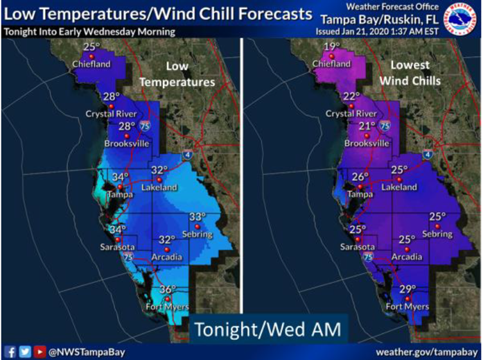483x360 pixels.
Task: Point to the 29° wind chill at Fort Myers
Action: (407, 290)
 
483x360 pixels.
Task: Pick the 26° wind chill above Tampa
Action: (359, 177)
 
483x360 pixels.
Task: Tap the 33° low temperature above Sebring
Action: (197, 216)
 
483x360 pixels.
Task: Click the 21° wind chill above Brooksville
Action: (367, 126)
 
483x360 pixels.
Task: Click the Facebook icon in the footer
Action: (10, 351)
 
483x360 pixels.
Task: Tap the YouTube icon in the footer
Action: (39, 351)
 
